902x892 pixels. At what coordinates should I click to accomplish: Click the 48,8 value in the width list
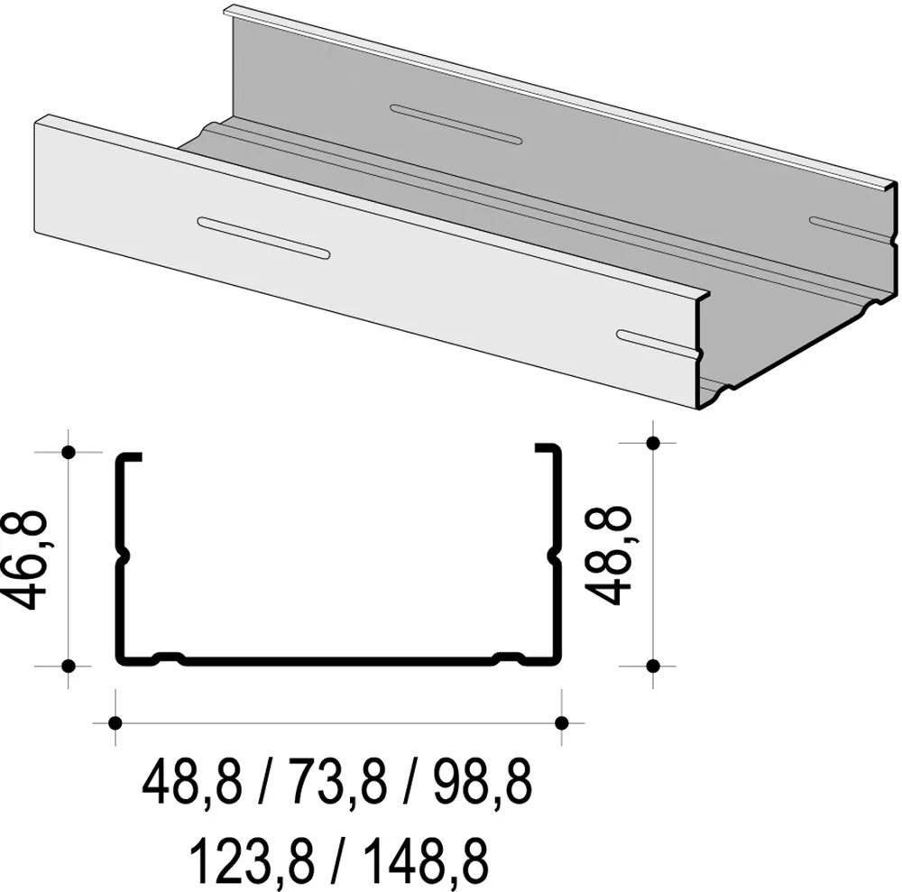192,784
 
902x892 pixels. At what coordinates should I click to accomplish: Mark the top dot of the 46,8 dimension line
68,452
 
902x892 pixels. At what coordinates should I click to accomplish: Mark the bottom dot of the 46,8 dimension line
68,666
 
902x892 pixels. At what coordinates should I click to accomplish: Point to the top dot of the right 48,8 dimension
654,442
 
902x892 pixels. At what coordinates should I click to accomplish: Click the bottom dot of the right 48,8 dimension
654,666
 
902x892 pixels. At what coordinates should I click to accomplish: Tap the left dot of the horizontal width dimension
115,722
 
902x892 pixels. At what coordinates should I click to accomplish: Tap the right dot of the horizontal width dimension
561,722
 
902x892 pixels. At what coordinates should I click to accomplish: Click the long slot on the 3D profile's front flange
263,238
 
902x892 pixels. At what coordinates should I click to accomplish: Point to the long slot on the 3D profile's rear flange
456,124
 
